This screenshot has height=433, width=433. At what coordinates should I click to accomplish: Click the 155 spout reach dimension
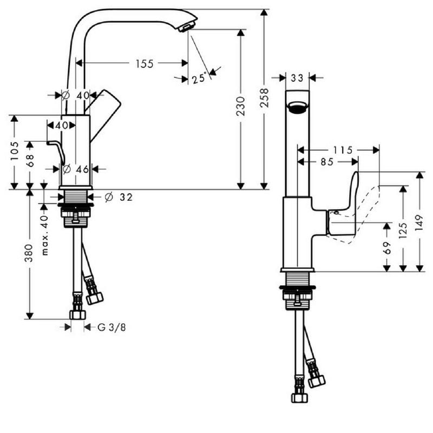(x=145, y=64)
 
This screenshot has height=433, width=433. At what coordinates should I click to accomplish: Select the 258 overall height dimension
(x=264, y=97)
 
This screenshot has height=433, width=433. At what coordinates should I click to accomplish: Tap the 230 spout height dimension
(x=241, y=106)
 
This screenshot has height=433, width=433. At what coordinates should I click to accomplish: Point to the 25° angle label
(x=199, y=78)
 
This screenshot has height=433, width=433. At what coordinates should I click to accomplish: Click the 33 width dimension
(x=297, y=78)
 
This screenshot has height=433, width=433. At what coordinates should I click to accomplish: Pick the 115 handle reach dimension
(x=343, y=150)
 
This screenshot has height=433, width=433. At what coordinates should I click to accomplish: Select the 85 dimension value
(x=327, y=162)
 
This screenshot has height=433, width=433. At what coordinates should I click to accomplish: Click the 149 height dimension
(x=419, y=222)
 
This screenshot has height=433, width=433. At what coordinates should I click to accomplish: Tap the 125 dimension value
(x=403, y=231)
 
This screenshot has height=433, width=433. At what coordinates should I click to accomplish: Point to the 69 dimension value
(x=387, y=248)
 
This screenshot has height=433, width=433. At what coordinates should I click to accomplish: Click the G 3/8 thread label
(x=112, y=327)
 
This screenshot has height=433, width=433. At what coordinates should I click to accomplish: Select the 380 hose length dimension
(x=29, y=253)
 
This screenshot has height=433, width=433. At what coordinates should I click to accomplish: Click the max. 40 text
(x=44, y=235)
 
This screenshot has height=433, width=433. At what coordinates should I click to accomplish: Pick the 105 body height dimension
(x=15, y=151)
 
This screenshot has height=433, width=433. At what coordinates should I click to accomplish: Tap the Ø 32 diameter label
(x=119, y=197)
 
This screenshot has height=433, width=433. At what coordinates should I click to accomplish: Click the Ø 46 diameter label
(x=76, y=169)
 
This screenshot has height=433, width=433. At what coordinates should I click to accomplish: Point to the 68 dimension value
(x=30, y=161)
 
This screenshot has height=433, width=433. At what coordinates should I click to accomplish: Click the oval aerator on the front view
(x=297, y=107)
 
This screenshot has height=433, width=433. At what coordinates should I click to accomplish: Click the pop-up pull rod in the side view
(x=56, y=152)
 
